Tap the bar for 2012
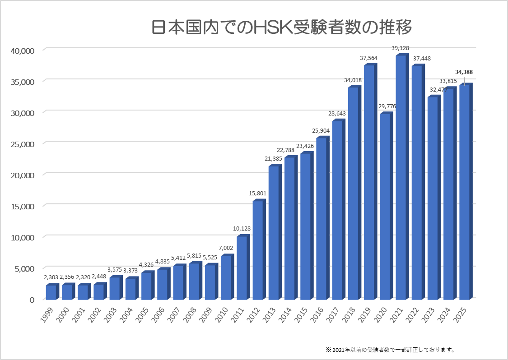click(x=257, y=250)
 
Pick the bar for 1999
click(x=51, y=292)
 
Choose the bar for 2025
click(x=464, y=192)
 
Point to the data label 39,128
click(x=401, y=48)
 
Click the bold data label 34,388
click(x=464, y=72)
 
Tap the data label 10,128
click(x=242, y=229)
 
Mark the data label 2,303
click(x=51, y=277)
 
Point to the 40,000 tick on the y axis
click(x=22, y=51)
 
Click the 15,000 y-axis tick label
click(x=22, y=207)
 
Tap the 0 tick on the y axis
click(x=32, y=300)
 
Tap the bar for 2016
click(x=321, y=219)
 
